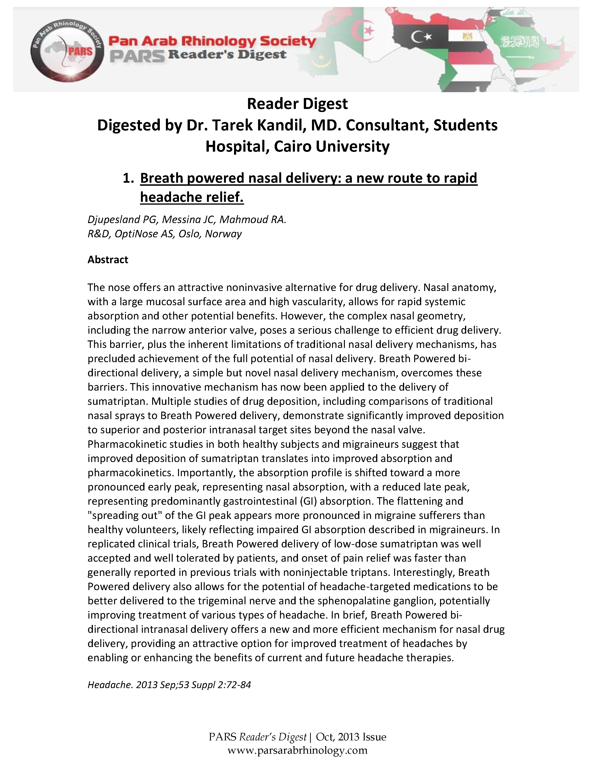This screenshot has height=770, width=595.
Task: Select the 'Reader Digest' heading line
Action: pos(297,104)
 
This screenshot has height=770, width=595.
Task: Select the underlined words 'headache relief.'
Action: pos(192,197)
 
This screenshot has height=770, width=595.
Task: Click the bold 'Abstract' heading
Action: pos(108,260)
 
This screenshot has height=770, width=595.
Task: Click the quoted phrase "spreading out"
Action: pos(125,515)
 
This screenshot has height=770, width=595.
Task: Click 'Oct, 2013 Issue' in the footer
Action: pos(351,737)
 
